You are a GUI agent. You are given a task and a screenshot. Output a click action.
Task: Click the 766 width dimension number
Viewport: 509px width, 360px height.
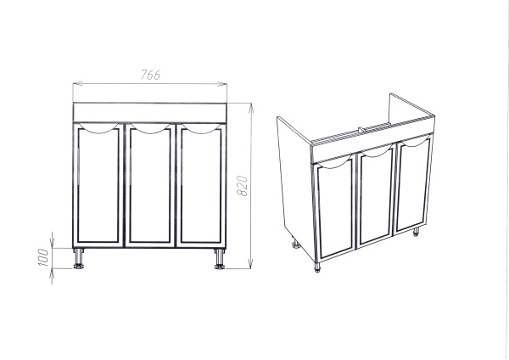click(150, 75)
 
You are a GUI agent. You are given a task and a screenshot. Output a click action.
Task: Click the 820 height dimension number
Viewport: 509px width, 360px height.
click(242, 186)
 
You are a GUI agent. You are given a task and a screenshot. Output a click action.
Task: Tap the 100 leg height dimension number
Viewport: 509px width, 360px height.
click(43, 257)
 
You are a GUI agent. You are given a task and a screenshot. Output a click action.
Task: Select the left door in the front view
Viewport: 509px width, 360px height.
click(98, 185)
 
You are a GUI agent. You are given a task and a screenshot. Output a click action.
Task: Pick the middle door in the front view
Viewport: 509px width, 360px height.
click(150, 185)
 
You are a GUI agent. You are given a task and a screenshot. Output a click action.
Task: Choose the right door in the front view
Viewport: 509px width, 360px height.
click(201, 185)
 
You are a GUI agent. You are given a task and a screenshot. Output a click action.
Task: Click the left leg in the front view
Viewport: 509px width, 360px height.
click(79, 258)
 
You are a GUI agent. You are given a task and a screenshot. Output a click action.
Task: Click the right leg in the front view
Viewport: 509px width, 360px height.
click(220, 259)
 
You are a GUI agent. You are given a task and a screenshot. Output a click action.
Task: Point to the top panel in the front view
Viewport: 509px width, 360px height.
click(149, 112)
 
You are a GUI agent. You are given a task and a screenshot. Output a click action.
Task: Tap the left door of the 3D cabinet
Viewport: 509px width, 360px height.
click(335, 208)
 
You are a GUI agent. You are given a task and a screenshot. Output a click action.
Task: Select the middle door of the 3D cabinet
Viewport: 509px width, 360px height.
click(376, 195)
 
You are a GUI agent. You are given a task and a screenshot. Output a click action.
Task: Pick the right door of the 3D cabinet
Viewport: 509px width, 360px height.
click(414, 183)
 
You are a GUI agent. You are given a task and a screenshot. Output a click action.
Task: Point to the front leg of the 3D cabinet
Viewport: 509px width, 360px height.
click(317, 267)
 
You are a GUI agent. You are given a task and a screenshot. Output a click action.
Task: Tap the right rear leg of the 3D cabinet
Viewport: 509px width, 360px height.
click(416, 232)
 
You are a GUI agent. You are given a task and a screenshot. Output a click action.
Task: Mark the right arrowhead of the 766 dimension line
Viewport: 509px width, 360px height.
click(222, 84)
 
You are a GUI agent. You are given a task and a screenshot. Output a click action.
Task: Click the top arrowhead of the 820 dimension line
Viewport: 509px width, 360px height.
click(251, 108)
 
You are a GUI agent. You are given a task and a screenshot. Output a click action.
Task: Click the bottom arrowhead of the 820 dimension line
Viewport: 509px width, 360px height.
click(250, 263)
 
